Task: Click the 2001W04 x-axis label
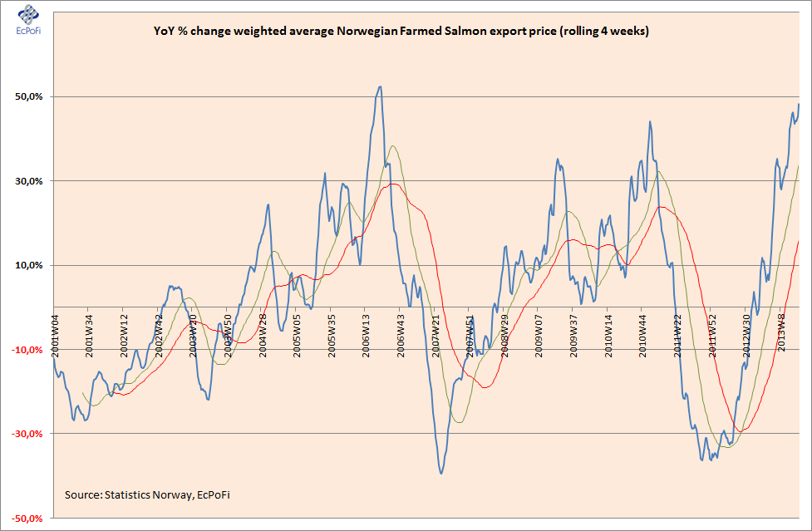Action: pyautogui.click(x=56, y=337)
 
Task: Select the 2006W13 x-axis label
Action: pyautogui.click(x=367, y=337)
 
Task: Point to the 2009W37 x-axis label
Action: pyautogui.click(x=573, y=337)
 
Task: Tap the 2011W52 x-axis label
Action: pyautogui.click(x=711, y=337)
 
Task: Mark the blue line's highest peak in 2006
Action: pyautogui.click(x=380, y=86)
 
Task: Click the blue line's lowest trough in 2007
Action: pyautogui.click(x=440, y=473)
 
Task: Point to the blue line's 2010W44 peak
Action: pyautogui.click(x=649, y=122)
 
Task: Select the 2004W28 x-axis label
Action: pyautogui.click(x=263, y=337)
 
